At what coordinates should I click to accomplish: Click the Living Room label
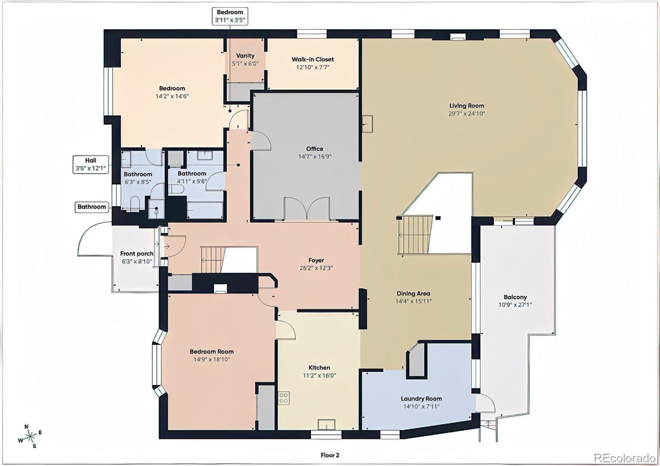coord(467,106)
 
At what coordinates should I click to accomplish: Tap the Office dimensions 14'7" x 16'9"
coord(315,157)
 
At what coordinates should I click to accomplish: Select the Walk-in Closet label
coord(313,59)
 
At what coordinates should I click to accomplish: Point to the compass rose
coord(30,436)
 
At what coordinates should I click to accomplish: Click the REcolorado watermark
coord(624,458)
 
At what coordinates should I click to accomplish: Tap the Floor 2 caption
coord(330,455)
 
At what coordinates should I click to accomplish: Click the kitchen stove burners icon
coord(284,398)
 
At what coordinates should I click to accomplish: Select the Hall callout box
coord(91,164)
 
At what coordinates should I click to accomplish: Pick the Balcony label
coord(515,297)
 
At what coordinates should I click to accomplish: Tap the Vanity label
coord(245,56)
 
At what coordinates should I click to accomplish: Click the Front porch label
coord(137,254)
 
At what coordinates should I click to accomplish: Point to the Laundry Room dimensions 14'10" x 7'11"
coord(421,407)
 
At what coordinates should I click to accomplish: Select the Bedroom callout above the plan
coord(230,16)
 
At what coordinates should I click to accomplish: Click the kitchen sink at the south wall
coord(326,424)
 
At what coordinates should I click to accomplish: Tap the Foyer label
coord(316,260)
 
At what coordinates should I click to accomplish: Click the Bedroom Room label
coord(212,351)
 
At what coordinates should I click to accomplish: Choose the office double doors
coord(307,209)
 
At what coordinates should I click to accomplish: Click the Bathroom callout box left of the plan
coord(92,207)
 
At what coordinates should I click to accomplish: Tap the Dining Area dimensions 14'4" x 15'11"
coord(413,301)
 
